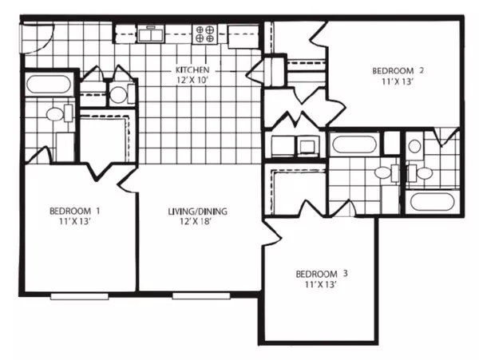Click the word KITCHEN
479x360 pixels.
192,70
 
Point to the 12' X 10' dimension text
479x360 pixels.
192,81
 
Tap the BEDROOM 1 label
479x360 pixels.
75,211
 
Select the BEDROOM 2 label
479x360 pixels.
398,71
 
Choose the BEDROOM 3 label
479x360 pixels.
322,274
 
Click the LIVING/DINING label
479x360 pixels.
198,212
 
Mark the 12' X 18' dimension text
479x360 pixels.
196,221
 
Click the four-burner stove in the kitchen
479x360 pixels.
204,34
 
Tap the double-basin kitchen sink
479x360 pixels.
151,34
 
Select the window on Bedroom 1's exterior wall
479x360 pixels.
79,296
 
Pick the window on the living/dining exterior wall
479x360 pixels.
201,296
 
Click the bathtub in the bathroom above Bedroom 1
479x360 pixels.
49,85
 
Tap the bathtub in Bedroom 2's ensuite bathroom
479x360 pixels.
432,201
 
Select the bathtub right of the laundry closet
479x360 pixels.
354,144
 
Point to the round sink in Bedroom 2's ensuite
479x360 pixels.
414,146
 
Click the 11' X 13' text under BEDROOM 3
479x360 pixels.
321,285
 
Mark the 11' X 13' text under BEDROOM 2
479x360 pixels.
398,82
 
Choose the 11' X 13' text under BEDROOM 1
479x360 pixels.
75,221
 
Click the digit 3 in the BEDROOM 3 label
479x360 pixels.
345,273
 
